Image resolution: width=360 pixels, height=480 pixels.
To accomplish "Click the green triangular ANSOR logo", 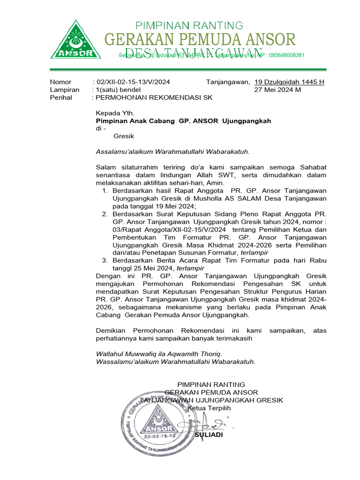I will [75, 40].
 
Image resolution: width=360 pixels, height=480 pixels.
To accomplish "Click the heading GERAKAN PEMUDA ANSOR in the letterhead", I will [200, 39].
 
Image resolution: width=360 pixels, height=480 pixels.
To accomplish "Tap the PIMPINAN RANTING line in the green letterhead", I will [189, 25].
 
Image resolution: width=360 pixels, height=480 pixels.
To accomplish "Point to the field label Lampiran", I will [65, 90].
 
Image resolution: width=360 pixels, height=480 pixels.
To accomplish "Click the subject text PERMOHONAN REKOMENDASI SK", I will [154, 97].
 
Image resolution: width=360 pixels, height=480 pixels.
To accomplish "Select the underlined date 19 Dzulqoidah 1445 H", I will [289, 82].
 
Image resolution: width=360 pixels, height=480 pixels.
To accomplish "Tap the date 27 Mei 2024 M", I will [277, 90].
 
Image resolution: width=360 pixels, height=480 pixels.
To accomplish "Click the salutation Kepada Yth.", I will [115, 113].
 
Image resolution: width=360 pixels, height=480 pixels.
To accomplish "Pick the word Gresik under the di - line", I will [124, 136].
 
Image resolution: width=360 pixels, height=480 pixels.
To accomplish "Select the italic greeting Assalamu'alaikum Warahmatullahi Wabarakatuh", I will [172, 151].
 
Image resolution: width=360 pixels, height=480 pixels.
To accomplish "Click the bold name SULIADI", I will [209, 435].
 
